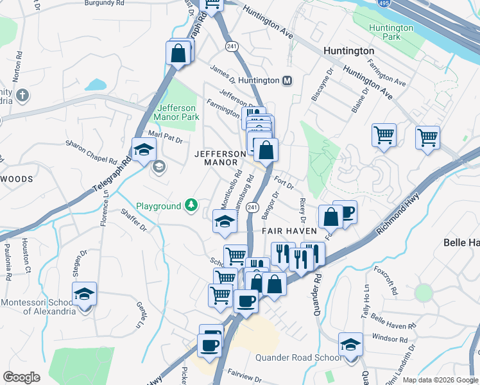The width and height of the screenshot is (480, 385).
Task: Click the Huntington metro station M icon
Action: click(288, 80)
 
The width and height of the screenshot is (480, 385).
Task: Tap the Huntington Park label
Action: click(391, 33)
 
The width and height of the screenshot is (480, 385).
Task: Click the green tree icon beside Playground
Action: click(191, 205)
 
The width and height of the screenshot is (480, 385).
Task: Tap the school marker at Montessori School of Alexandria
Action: click(85, 294)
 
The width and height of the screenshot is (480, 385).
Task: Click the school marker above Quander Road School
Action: click(350, 345)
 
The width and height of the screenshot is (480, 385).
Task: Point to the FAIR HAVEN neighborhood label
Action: click(289, 230)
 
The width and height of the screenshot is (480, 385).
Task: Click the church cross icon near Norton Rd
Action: click(22, 96)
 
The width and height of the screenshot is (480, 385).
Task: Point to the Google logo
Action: click(21, 377)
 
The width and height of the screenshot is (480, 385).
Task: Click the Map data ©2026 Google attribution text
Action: click(440, 380)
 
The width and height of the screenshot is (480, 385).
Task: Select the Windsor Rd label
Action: click(390, 338)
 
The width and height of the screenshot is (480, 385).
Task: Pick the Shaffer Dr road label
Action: click(133, 220)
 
